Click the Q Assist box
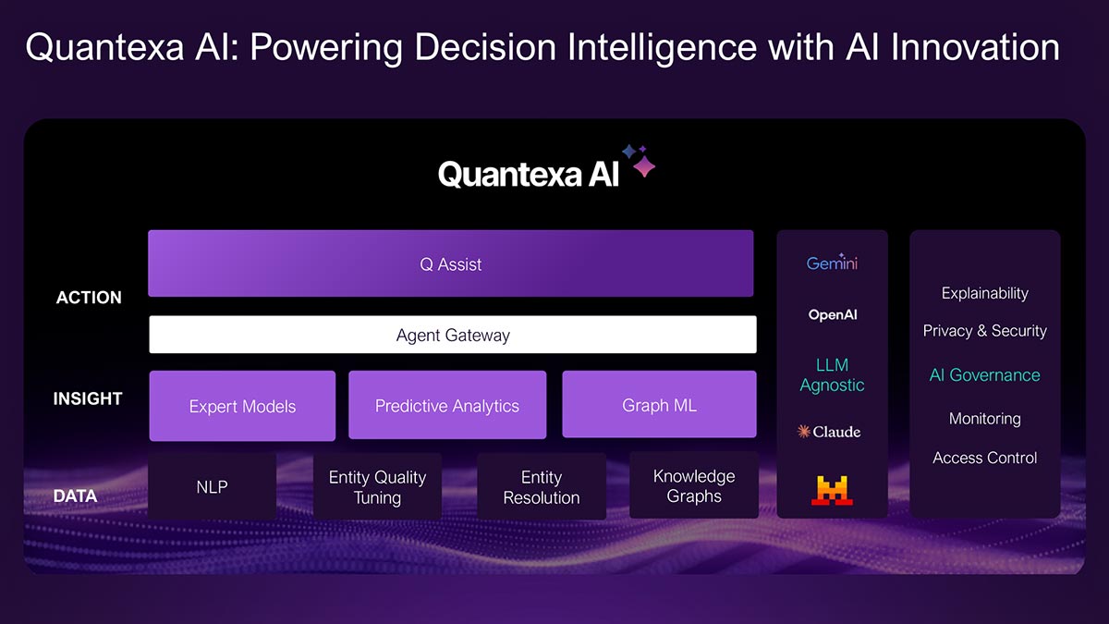[x=451, y=263]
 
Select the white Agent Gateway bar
[x=453, y=335]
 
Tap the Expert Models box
[x=242, y=406]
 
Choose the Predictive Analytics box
[x=447, y=405]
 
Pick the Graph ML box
[x=659, y=405]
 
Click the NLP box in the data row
[x=212, y=487]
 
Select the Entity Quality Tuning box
[x=377, y=487]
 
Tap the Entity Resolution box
[x=542, y=487]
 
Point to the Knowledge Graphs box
[x=694, y=485]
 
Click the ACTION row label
[x=89, y=297]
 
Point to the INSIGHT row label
[x=88, y=398]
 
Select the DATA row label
[x=75, y=496]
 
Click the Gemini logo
[x=832, y=263]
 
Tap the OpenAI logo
[x=833, y=314]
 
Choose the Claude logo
[x=829, y=432]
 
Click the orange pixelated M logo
[x=832, y=490]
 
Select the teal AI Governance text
[x=985, y=375]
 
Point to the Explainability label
[x=985, y=293]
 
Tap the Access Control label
[x=985, y=458]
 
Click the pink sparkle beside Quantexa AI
[x=644, y=166]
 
